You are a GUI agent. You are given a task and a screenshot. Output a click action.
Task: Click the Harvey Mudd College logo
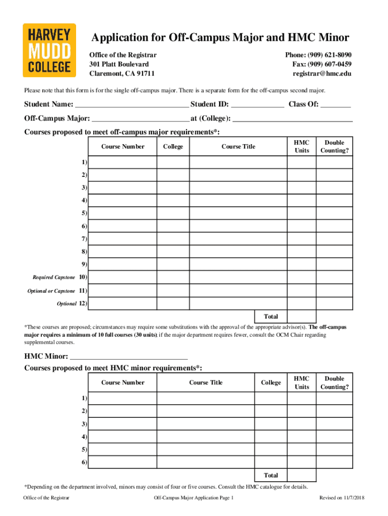pyautogui.click(x=49, y=50)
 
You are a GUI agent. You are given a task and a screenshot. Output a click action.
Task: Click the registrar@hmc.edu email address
pyautogui.click(x=322, y=74)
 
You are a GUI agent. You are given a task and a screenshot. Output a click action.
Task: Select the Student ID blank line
pyautogui.click(x=257, y=105)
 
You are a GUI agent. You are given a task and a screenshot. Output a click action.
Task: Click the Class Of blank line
pyautogui.click(x=336, y=105)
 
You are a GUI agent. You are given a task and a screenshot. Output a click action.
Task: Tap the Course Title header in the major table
pyautogui.click(x=238, y=147)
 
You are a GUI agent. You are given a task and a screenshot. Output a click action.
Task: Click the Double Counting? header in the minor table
pyautogui.click(x=334, y=382)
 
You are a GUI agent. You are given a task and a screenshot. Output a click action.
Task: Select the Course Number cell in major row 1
pyautogui.click(x=123, y=162)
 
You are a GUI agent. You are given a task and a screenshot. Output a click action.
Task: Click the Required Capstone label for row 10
pyautogui.click(x=54, y=278)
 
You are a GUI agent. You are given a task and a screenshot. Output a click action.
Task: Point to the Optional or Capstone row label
pyautogui.click(x=51, y=291)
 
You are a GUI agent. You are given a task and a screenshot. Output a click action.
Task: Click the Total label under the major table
pyautogui.click(x=271, y=316)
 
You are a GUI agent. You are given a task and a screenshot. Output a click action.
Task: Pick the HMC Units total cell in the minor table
pyautogui.click(x=302, y=475)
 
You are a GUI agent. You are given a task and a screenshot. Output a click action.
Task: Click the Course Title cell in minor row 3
pyautogui.click(x=205, y=424)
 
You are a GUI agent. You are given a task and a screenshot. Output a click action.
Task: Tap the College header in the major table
pyautogui.click(x=173, y=147)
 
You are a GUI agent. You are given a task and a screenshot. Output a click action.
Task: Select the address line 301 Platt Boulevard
pyautogui.click(x=119, y=64)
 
